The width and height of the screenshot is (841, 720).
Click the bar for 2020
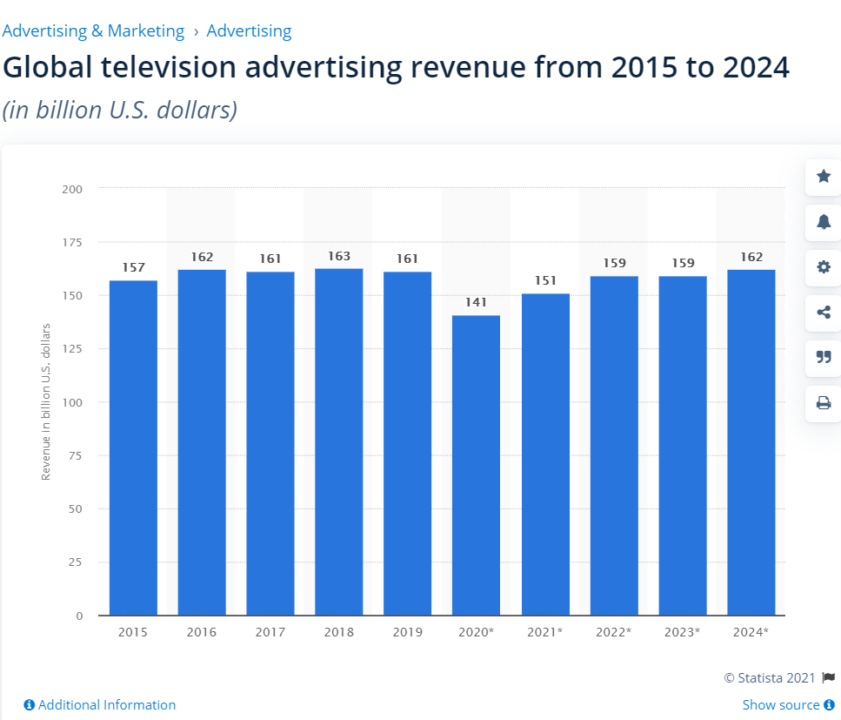(x=476, y=465)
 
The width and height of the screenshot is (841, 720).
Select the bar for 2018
(x=338, y=442)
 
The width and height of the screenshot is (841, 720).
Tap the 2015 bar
(x=133, y=447)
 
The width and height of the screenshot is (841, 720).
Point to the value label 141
(x=476, y=302)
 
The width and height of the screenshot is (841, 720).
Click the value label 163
(x=339, y=256)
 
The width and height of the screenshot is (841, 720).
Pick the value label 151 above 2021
(x=545, y=280)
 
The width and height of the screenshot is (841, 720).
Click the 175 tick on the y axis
(x=72, y=242)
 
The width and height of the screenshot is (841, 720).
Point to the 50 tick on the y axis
(x=75, y=508)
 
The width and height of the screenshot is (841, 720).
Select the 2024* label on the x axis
(x=751, y=632)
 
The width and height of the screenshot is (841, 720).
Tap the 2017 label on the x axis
(x=270, y=632)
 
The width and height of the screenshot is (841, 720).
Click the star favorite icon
(x=824, y=176)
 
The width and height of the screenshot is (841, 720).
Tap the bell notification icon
(x=824, y=221)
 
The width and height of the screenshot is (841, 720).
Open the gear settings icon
(x=824, y=267)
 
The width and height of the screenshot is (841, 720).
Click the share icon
(x=824, y=312)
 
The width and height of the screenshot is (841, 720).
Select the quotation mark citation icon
(x=824, y=357)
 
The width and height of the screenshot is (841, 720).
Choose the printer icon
(x=824, y=403)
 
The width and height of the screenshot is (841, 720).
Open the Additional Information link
(x=100, y=704)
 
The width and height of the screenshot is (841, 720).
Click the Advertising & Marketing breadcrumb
(x=93, y=30)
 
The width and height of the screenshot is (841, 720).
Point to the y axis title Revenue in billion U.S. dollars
(x=45, y=401)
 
